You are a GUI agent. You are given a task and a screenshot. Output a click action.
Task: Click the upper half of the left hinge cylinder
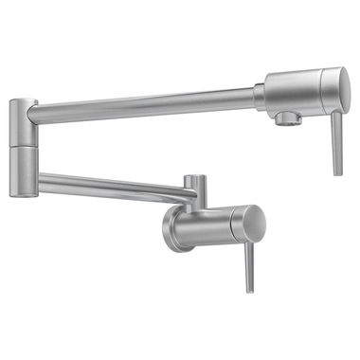(24, 122)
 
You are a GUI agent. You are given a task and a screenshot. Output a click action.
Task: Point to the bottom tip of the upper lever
(337, 172)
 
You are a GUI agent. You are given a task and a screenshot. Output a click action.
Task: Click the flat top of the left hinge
(24, 100)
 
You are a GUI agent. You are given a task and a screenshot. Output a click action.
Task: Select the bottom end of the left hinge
(24, 195)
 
